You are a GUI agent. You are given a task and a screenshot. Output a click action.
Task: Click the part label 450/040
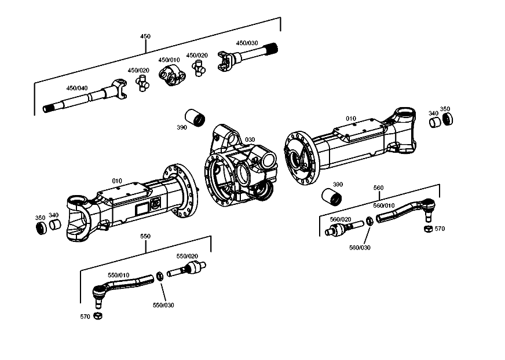coord(76,88)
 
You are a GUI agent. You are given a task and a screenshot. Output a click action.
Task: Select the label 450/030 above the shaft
coord(247,43)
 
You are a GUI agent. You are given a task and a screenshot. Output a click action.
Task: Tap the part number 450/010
coord(169,60)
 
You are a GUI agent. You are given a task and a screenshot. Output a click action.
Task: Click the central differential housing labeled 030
coord(240,171)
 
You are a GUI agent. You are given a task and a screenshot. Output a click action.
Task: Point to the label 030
coord(250,140)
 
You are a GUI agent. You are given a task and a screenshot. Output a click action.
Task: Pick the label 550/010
coord(119,275)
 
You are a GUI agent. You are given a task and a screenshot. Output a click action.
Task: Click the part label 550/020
coord(187,256)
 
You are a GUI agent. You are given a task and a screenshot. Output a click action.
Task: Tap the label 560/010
coord(383,205)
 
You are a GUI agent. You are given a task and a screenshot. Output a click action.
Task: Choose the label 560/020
coord(341,219)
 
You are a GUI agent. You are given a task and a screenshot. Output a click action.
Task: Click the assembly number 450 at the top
coord(145,36)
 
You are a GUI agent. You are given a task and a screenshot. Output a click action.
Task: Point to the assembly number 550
coord(145,236)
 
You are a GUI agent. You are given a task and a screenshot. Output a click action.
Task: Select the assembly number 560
coord(378,188)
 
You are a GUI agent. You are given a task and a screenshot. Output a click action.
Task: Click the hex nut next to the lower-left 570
coord(98,315)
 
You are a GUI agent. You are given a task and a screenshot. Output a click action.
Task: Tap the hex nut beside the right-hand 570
coord(427,229)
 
